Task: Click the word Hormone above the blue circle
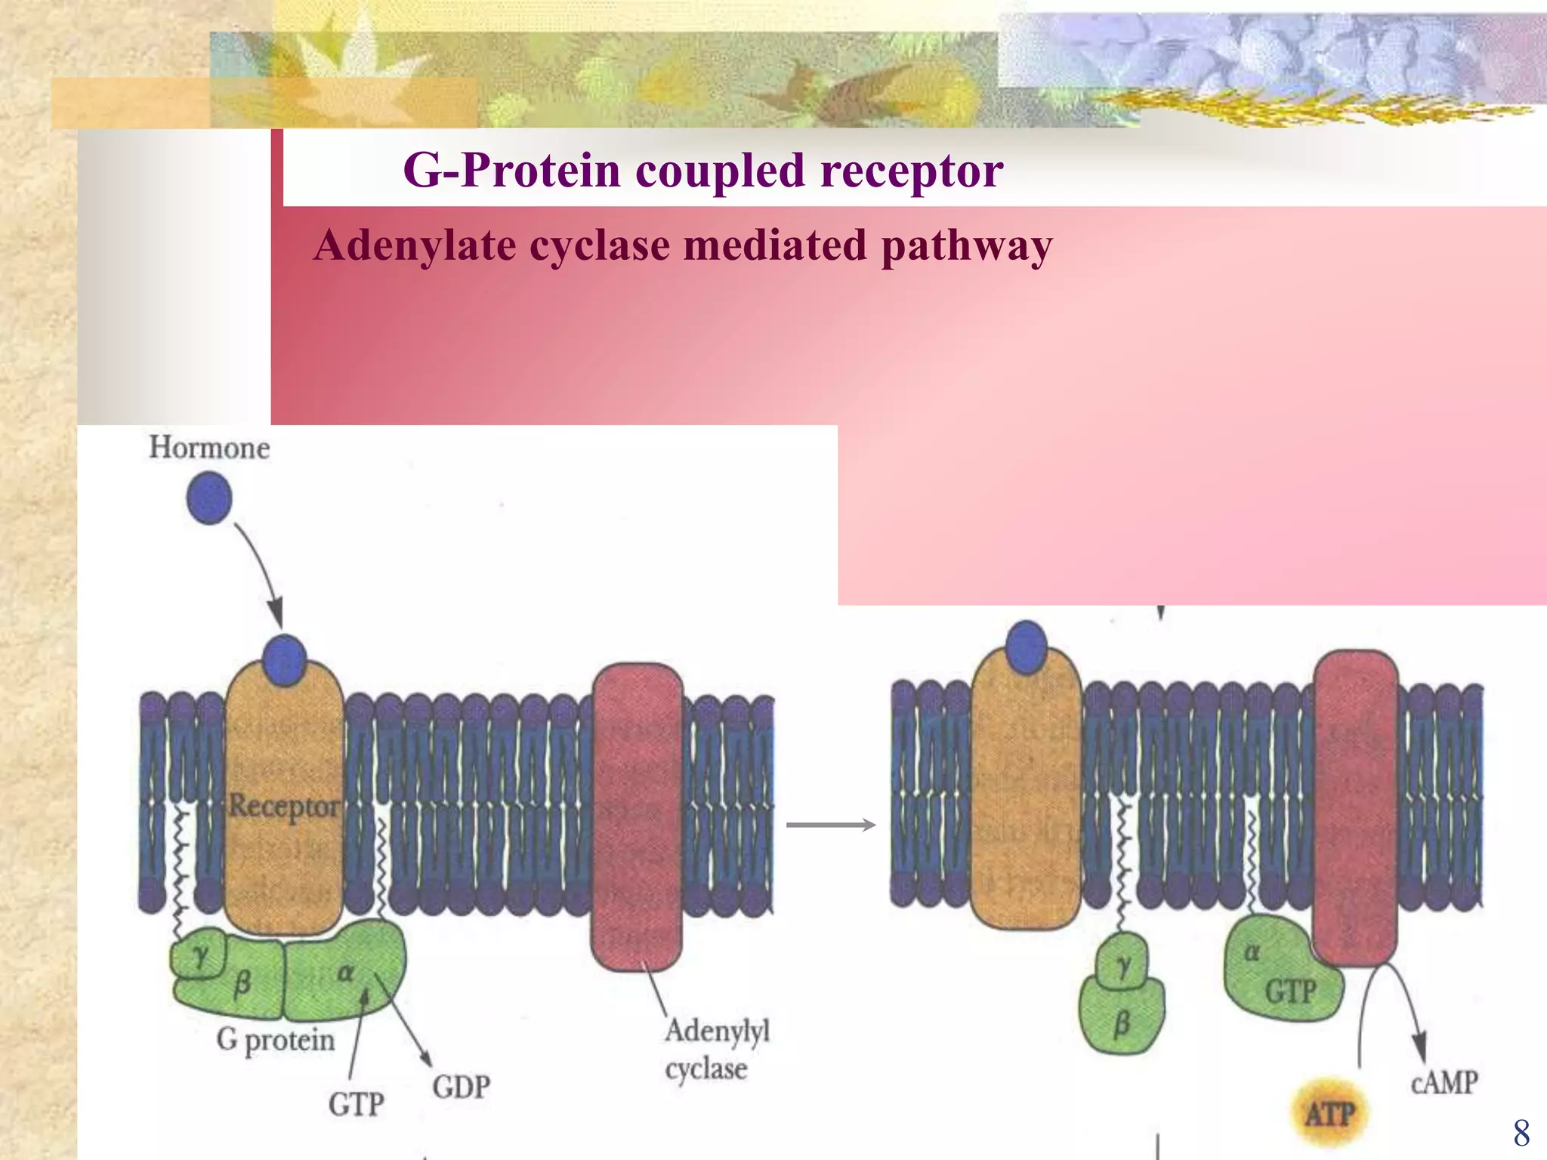[x=209, y=447]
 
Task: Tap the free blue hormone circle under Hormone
[x=209, y=498]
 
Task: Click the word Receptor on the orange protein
[x=284, y=806]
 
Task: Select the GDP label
[x=461, y=1087]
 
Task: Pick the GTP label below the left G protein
[x=356, y=1104]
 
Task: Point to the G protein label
[x=275, y=1040]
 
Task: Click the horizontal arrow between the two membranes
[x=831, y=825]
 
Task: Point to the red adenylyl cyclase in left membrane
[x=637, y=816]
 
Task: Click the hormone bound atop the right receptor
[x=1026, y=646]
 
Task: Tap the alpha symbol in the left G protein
[x=345, y=973]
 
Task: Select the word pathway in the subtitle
[x=966, y=246]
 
